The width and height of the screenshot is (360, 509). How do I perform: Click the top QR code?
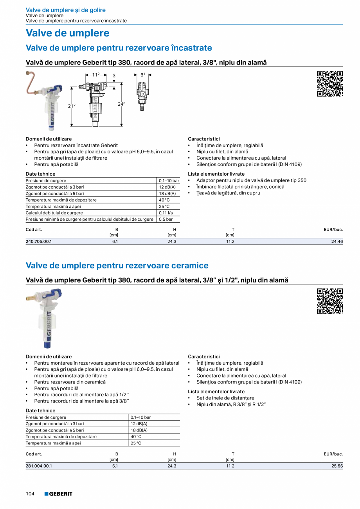tap(329, 84)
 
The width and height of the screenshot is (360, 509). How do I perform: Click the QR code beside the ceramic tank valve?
tap(329, 301)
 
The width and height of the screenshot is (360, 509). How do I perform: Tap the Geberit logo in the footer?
tap(58, 494)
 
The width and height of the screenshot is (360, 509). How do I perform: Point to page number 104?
tap(30, 494)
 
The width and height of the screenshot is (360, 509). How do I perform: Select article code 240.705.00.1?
tap(39, 242)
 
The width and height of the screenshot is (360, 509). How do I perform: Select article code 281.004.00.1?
tap(39, 466)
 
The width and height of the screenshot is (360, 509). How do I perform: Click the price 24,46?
tap(337, 242)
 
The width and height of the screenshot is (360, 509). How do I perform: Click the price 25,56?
tap(337, 466)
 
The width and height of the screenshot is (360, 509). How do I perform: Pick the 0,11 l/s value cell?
tap(166, 213)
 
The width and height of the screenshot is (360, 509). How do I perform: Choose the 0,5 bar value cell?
tap(166, 219)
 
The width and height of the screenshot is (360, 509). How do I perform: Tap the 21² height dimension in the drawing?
tap(71, 106)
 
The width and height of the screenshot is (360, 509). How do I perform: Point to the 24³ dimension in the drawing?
tap(121, 104)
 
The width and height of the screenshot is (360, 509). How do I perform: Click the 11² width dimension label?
tap(96, 74)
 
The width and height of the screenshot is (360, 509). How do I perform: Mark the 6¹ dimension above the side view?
tap(143, 74)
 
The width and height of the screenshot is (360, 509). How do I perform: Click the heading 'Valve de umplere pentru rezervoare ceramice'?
tap(117, 266)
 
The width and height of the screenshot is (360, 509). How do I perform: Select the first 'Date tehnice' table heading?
tap(40, 174)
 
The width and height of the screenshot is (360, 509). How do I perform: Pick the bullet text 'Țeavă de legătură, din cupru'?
tap(228, 193)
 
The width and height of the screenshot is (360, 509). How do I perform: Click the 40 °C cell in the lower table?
tap(136, 437)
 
